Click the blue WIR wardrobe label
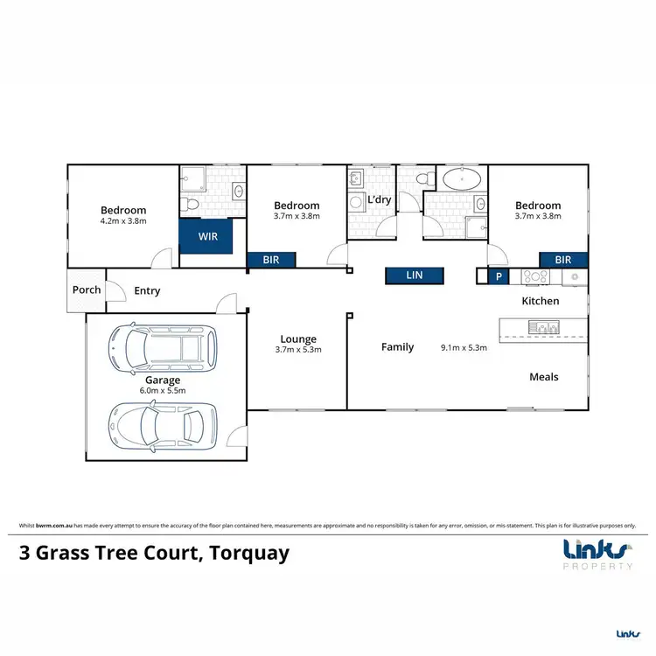207,236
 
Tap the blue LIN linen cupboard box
415,276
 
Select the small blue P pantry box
499,276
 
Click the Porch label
87,290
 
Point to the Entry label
147,291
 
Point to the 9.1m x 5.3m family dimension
464,348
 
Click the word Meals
543,377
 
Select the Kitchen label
540,301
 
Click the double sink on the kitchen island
542,327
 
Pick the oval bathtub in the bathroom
460,182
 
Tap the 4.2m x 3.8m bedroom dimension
123,221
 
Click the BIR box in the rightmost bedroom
562,260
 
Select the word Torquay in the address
247,554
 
